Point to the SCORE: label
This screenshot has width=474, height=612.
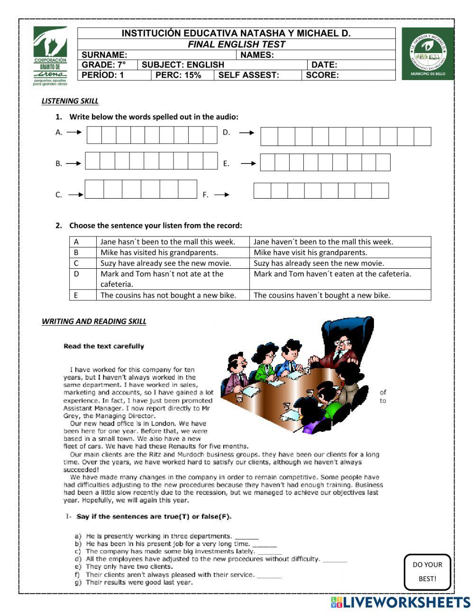point(322,75)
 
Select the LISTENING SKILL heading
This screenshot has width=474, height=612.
point(70,100)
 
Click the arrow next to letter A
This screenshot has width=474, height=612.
point(74,133)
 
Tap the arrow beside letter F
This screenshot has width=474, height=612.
point(222,194)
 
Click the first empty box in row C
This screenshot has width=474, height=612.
point(94,189)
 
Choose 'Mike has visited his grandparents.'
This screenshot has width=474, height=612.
point(159,252)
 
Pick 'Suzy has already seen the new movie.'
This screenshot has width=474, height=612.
point(319,263)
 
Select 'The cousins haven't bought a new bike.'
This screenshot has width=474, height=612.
point(322,295)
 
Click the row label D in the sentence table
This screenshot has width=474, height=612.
point(76,274)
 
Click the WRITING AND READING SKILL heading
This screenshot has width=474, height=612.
point(94,321)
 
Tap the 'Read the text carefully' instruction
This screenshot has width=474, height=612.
point(104,346)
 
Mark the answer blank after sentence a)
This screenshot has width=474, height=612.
point(246,537)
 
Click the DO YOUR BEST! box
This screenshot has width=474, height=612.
point(427,572)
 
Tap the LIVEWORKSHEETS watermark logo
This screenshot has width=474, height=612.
point(401,602)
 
